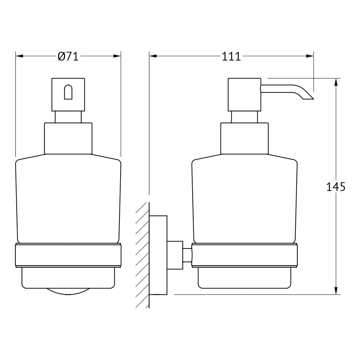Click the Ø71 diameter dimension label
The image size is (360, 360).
click(68, 56)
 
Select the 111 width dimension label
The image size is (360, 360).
click(231, 56)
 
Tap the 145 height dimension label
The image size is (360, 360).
click(336, 187)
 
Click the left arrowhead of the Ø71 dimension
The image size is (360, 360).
click(19, 56)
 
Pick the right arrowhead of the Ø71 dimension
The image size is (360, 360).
click(117, 56)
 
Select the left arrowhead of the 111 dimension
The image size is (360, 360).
click(153, 56)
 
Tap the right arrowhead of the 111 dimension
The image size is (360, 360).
click(310, 56)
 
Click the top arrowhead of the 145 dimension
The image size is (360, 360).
click(336, 82)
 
